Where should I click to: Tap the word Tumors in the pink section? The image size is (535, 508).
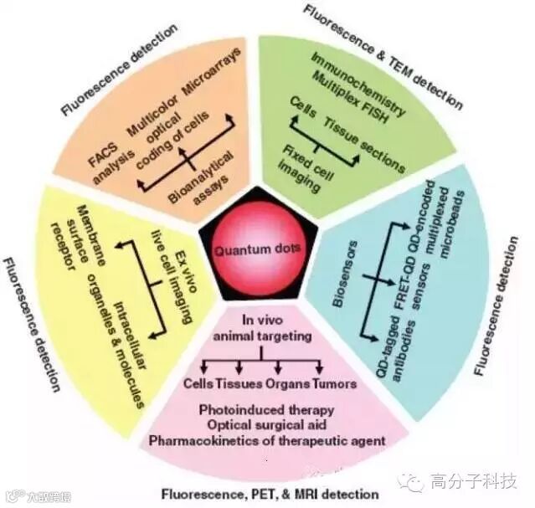coord(334,384)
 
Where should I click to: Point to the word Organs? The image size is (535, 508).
coord(288,384)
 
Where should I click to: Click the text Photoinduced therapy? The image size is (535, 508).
coord(265,410)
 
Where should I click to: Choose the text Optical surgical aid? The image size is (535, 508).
coord(267,424)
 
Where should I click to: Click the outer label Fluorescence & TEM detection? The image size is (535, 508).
coord(382,54)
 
